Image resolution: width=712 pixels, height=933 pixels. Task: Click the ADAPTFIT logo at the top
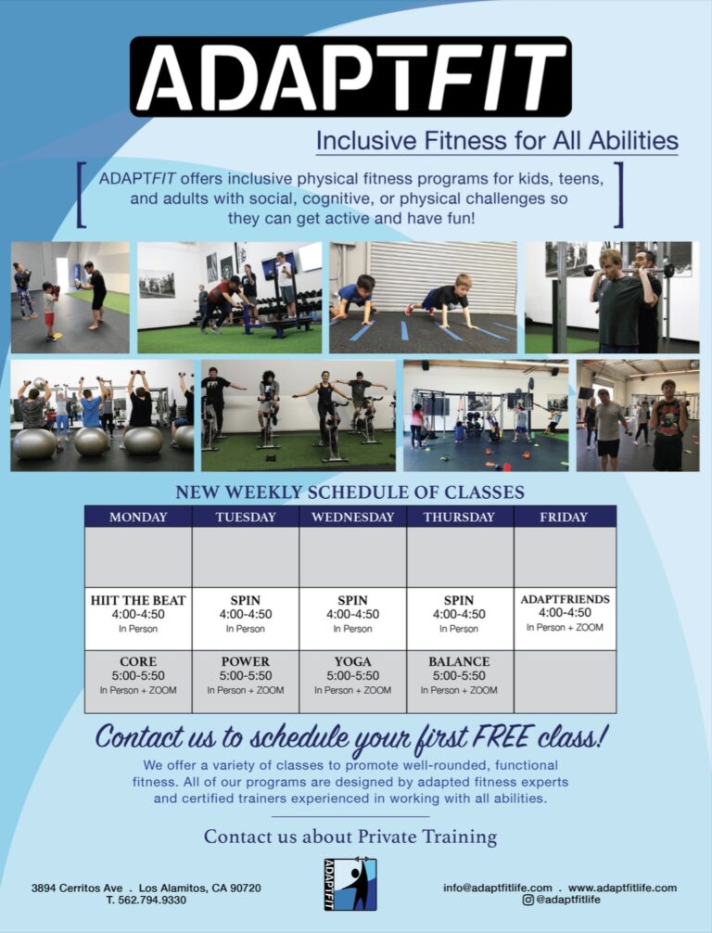(x=350, y=76)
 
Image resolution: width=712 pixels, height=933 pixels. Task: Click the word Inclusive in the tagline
(x=366, y=141)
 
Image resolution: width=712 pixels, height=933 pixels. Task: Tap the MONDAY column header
(x=138, y=517)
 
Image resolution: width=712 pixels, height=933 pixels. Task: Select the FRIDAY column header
(x=564, y=517)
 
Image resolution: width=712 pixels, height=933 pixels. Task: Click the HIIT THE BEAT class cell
(x=138, y=619)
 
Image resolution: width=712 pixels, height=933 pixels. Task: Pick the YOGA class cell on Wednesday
(x=352, y=681)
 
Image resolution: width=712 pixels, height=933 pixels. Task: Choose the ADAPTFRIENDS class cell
(x=566, y=619)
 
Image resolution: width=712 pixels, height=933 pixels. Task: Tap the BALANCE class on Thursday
(x=459, y=681)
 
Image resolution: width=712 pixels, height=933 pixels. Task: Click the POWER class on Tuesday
(x=245, y=681)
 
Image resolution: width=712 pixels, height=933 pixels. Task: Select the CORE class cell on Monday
(x=138, y=681)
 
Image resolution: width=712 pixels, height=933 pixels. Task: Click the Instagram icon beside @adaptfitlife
(x=528, y=900)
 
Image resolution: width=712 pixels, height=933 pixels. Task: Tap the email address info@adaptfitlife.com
(x=497, y=888)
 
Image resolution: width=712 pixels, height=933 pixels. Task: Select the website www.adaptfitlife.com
(x=622, y=888)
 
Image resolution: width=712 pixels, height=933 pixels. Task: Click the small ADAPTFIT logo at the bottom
(x=350, y=884)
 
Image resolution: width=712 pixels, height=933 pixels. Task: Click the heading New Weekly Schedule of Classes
(x=350, y=492)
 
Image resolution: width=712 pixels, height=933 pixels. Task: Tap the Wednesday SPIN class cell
(x=352, y=619)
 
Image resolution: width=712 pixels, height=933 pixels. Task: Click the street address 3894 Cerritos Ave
(x=77, y=888)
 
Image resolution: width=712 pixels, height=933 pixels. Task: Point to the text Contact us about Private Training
(x=350, y=837)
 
